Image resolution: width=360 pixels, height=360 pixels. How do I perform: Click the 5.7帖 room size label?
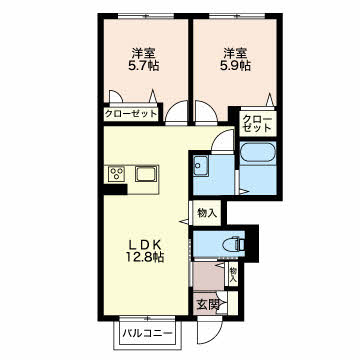point(143,66)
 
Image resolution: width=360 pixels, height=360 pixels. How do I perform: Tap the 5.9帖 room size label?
point(236,66)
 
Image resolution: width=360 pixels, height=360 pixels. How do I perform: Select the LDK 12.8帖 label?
point(146,251)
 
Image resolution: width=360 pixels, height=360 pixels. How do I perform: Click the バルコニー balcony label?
point(147,333)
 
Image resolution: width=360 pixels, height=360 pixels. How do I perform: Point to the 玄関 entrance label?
point(207,304)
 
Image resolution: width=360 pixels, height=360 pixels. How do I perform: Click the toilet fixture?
point(238,244)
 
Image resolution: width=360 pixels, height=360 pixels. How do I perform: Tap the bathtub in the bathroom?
point(258,154)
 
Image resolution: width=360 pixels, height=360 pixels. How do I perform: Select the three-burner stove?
point(117,174)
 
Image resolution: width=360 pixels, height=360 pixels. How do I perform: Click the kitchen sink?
point(146,174)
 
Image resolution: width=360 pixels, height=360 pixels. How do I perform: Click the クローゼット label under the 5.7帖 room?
point(131,114)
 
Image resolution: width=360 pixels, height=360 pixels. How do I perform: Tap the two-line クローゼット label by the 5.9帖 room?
point(256,123)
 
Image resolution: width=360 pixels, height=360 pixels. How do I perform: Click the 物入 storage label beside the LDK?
point(207,213)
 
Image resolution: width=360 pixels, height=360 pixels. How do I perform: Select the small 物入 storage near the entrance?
point(233,275)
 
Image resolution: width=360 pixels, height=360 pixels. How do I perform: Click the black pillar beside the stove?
point(114,189)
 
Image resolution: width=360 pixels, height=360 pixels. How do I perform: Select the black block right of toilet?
point(252,243)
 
